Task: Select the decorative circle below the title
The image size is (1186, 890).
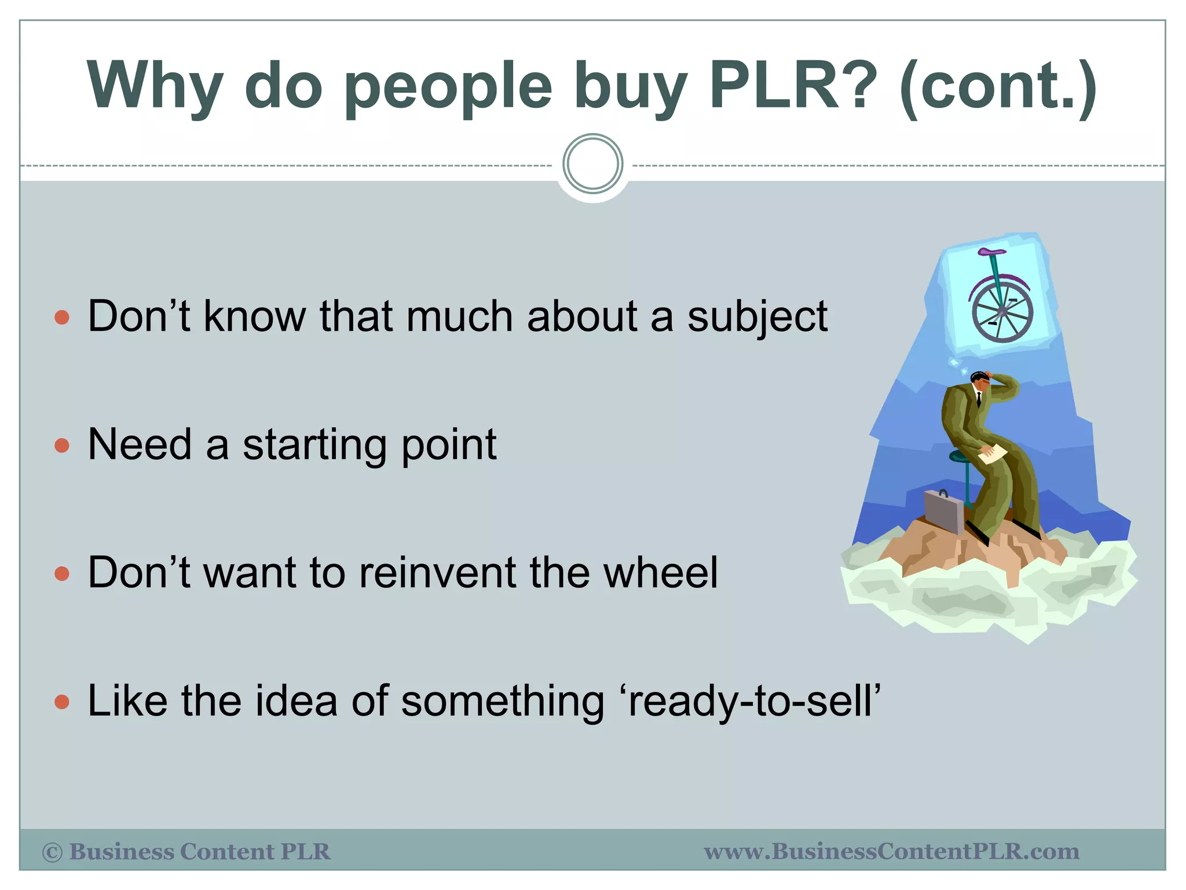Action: (592, 164)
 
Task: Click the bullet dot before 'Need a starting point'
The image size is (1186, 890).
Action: (61, 446)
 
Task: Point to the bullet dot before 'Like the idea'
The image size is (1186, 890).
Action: (61, 702)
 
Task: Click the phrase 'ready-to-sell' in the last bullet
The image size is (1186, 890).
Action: (754, 701)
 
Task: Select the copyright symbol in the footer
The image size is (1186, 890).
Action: (52, 852)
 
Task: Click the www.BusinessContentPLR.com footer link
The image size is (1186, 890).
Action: (891, 852)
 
